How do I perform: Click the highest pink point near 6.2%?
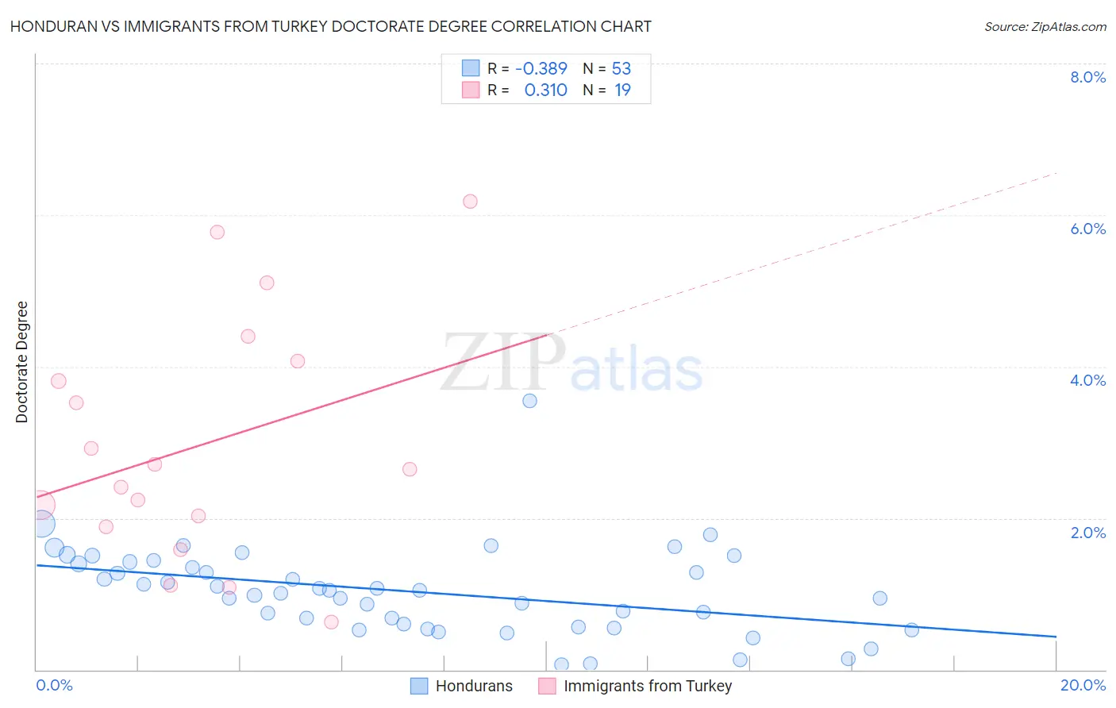(x=470, y=202)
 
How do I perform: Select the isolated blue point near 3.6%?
(x=529, y=401)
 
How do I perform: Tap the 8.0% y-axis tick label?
(x=1087, y=77)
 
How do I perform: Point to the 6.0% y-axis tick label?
(x=1087, y=229)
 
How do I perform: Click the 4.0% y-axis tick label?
(x=1087, y=380)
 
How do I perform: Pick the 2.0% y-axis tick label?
(x=1087, y=533)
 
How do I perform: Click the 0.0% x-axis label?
(x=54, y=685)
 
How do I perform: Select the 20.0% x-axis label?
(x=1083, y=685)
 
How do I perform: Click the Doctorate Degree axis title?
(x=21, y=362)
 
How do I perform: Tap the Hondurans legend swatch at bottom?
(x=419, y=686)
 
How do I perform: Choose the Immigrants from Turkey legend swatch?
(x=547, y=686)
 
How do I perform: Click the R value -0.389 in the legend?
(x=541, y=69)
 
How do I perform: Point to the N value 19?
(x=622, y=90)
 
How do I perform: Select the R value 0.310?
(x=545, y=90)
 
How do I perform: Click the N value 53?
(x=621, y=69)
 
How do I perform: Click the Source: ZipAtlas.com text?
(x=1045, y=27)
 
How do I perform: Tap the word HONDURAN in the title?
(x=50, y=27)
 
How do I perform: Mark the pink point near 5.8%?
(x=217, y=233)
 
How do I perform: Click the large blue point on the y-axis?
(x=42, y=524)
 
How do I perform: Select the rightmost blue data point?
(x=911, y=630)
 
